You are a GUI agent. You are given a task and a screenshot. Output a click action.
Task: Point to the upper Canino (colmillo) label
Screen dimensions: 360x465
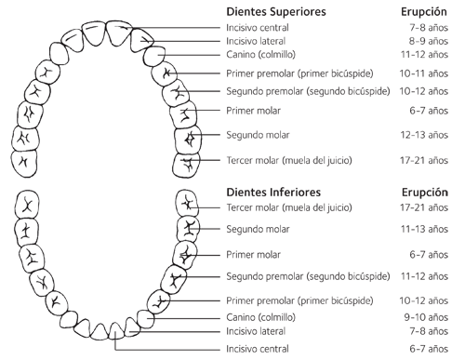pos(261,55)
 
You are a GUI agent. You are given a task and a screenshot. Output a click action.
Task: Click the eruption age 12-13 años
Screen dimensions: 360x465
pos(429,136)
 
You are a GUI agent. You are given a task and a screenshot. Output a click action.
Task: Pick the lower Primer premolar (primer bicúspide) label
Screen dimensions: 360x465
pos(301,301)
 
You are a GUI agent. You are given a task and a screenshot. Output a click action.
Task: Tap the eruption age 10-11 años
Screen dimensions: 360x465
pos(429,73)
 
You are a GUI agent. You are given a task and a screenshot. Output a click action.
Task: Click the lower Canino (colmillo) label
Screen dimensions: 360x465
pos(261,317)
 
